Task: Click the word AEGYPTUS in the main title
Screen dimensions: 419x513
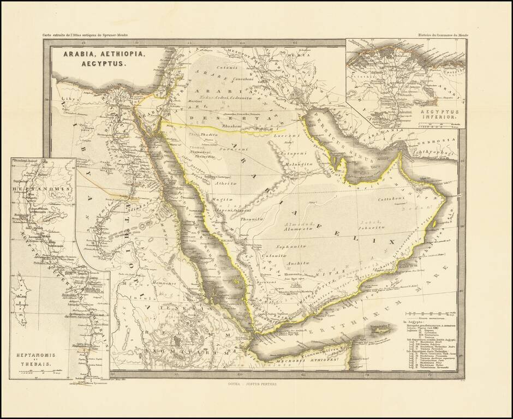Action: [x=94, y=64]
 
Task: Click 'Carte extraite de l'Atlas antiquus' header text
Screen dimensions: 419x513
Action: [x=86, y=35]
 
